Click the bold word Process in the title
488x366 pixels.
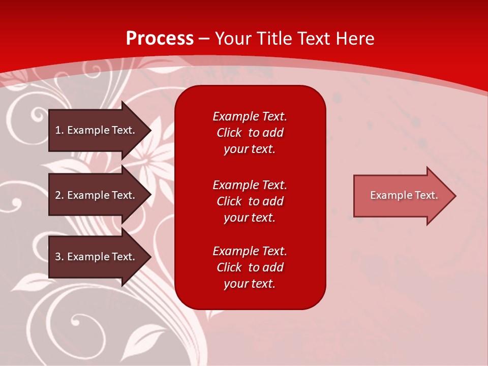point(160,39)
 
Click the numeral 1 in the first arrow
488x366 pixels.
point(58,130)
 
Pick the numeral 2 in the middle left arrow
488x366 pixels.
point(58,195)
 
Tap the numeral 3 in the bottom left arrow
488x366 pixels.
point(58,257)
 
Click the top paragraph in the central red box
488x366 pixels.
point(250,133)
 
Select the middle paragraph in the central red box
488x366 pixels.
point(250,201)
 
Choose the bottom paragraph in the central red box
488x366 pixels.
point(250,267)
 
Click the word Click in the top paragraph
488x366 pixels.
point(229,133)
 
